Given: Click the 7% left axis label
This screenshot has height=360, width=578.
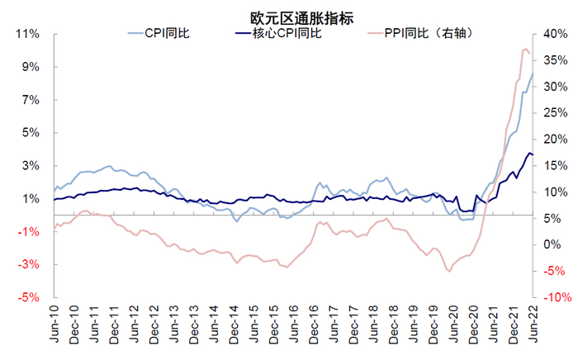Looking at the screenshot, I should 30,100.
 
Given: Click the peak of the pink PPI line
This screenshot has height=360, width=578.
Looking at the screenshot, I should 524,50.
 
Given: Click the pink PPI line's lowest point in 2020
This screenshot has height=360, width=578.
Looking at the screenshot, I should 448,270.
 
